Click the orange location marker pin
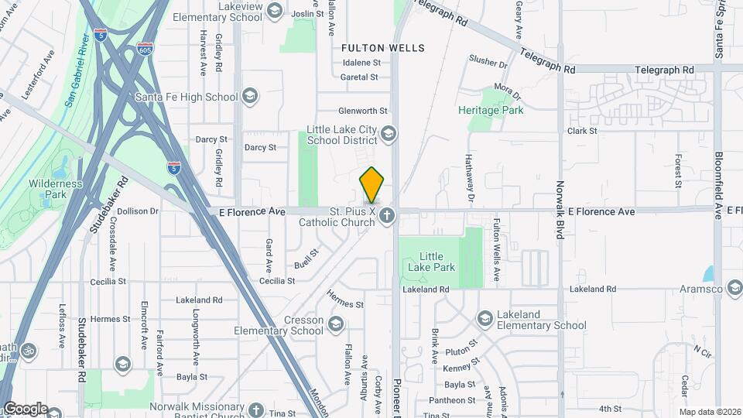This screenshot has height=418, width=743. pyautogui.click(x=371, y=184)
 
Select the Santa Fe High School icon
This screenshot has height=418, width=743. pyautogui.click(x=249, y=97)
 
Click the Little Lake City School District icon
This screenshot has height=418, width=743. pyautogui.click(x=389, y=135)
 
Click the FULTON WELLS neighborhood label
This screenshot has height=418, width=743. pyautogui.click(x=383, y=48)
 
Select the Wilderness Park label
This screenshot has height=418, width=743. pyautogui.click(x=55, y=190)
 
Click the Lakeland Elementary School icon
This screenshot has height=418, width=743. pyautogui.click(x=484, y=319)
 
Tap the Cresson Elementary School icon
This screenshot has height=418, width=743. pyautogui.click(x=336, y=324)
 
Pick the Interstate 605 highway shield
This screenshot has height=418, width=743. pyautogui.click(x=145, y=49)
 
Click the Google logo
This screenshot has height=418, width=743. pyautogui.click(x=25, y=409)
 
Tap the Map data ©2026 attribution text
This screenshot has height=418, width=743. pyautogui.click(x=709, y=411)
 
